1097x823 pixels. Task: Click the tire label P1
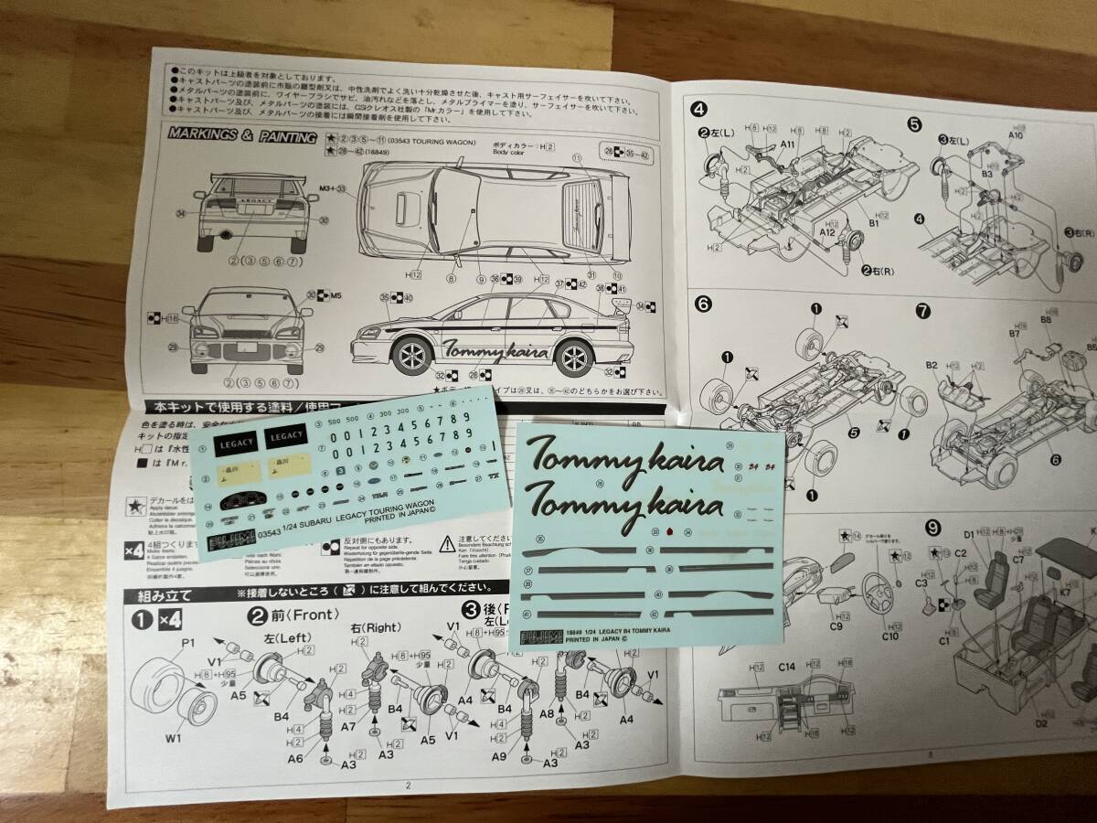[188, 643]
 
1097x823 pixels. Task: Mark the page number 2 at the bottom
[410, 785]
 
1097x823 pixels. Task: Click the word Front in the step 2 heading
[313, 615]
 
